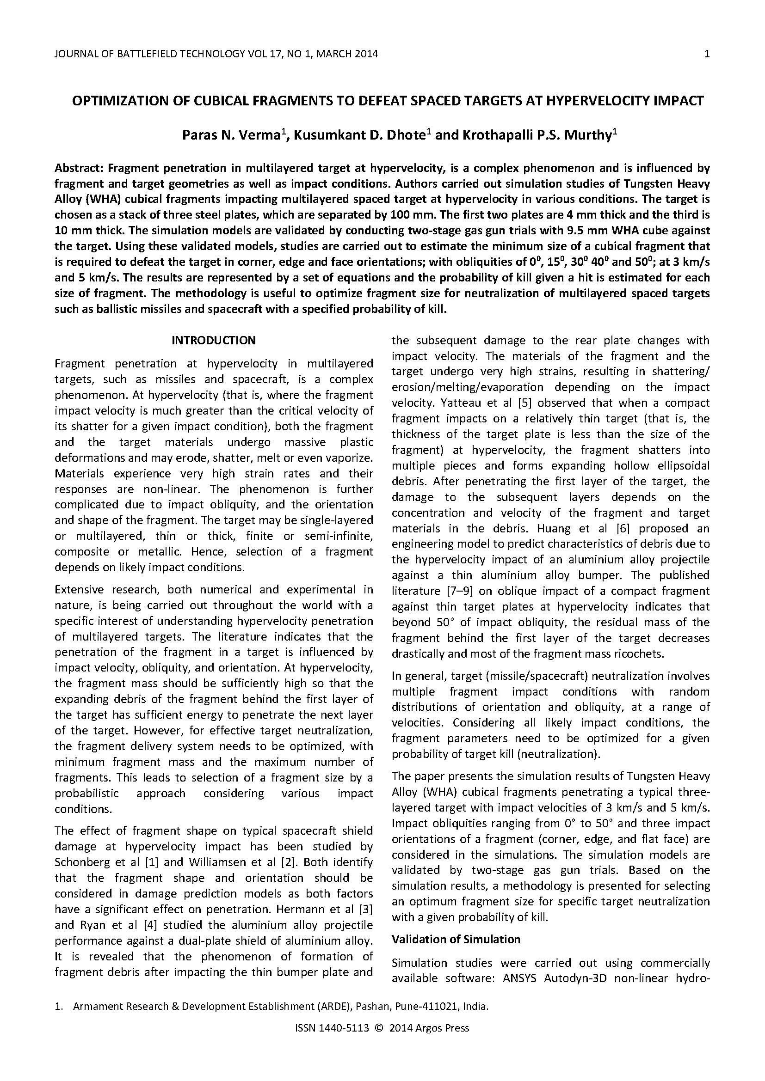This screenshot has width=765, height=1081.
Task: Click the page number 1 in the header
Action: point(707,54)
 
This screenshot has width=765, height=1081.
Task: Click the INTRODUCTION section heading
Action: point(213,340)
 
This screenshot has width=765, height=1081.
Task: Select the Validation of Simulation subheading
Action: point(456,939)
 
